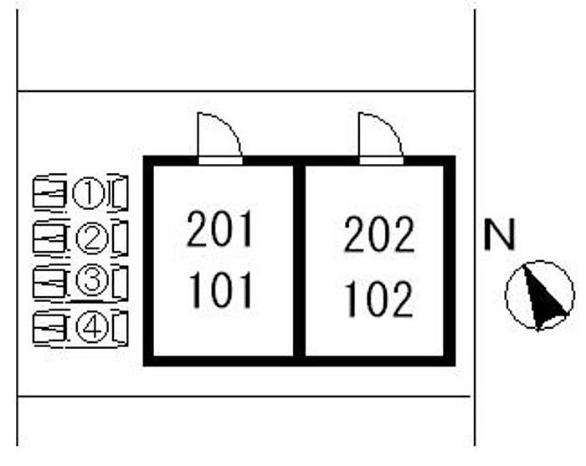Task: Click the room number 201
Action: pyautogui.click(x=219, y=230)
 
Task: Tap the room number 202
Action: pyautogui.click(x=378, y=235)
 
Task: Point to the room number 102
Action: pyautogui.click(x=378, y=299)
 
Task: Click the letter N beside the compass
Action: pyautogui.click(x=501, y=237)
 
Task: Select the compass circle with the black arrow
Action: pyautogui.click(x=540, y=295)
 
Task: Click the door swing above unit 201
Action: pyautogui.click(x=218, y=136)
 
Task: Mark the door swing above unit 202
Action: pyautogui.click(x=379, y=136)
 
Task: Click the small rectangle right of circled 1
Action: pyautogui.click(x=120, y=194)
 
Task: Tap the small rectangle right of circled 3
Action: pyautogui.click(x=120, y=283)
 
